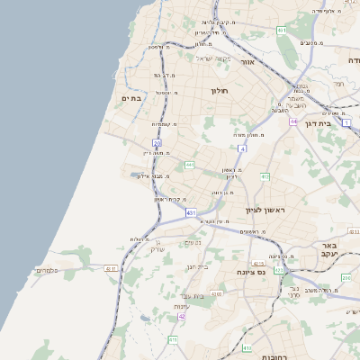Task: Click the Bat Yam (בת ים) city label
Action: (x=131, y=98)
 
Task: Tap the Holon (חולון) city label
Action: (x=220, y=91)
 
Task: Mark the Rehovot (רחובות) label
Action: (x=274, y=356)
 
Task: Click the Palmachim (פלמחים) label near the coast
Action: (x=46, y=270)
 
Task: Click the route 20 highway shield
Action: (x=157, y=142)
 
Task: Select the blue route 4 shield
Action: (x=241, y=148)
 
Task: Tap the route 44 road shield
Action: (x=293, y=120)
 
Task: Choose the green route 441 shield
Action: (x=189, y=166)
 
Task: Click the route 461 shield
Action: (x=282, y=31)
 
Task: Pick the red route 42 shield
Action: (x=183, y=316)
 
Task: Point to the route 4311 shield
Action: (x=111, y=268)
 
